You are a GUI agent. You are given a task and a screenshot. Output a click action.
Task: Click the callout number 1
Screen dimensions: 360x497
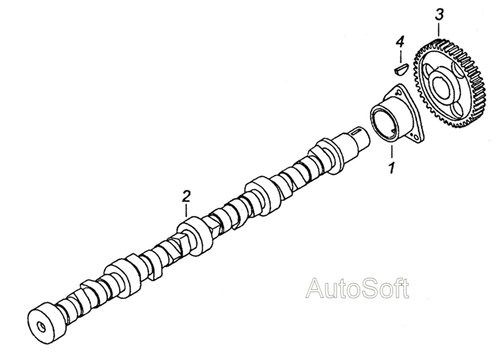(391, 167)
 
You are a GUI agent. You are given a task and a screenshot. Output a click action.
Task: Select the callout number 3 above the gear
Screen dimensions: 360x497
(439, 14)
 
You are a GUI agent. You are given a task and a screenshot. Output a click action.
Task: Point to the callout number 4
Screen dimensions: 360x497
(400, 42)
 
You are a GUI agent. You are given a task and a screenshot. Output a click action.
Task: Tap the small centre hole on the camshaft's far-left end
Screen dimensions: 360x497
(42, 326)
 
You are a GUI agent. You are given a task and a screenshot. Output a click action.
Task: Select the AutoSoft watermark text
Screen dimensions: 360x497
(359, 287)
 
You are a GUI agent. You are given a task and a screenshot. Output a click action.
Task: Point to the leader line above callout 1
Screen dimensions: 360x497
(392, 153)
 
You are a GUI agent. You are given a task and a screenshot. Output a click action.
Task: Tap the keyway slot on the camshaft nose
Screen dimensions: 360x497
(359, 132)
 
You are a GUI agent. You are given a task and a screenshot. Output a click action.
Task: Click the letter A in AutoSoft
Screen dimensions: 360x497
(316, 288)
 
